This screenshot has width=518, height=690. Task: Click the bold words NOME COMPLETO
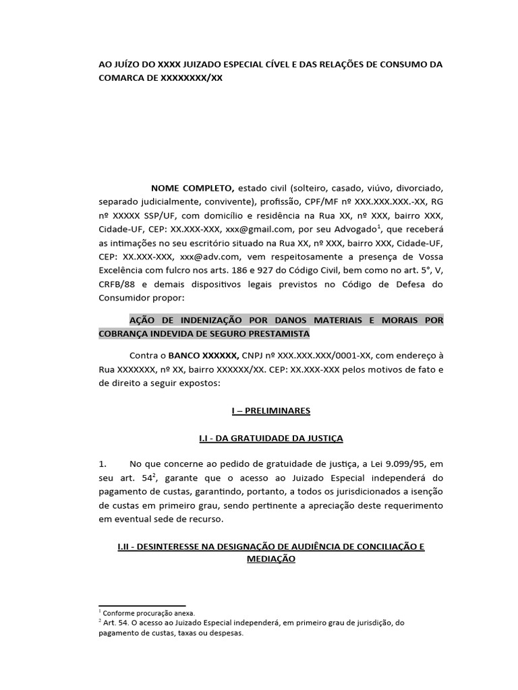[192, 187]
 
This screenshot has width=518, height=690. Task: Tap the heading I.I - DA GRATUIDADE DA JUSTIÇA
[270, 438]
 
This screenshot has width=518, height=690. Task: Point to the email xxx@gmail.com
[262, 229]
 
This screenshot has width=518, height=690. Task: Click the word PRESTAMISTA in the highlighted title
[275, 334]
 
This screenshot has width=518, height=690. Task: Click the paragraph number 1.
[103, 465]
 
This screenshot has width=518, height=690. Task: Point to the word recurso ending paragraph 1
[222, 520]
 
